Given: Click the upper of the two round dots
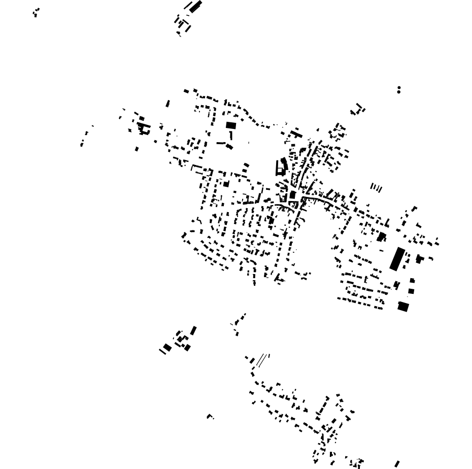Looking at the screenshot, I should (x=399, y=88).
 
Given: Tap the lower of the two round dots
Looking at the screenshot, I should (x=399, y=92).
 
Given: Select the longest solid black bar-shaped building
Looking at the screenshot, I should (x=397, y=258).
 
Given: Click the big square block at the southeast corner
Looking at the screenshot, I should (x=403, y=306).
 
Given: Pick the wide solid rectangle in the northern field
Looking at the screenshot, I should (x=231, y=125).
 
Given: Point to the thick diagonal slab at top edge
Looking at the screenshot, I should (x=196, y=6).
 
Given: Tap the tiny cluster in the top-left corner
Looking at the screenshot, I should (x=36, y=12).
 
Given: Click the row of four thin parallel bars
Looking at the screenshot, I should (x=376, y=188).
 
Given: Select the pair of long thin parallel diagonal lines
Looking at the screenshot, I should (x=261, y=360).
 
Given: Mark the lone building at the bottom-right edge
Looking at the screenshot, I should (x=397, y=464).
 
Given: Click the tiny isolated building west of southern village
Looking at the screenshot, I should (x=210, y=417).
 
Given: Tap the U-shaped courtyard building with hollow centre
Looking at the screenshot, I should (x=279, y=167).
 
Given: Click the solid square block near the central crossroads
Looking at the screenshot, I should (x=293, y=195).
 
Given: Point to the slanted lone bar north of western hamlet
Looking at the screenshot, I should (x=168, y=104).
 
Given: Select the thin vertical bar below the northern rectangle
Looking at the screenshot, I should (x=231, y=136).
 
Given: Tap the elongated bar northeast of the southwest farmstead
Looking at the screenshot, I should (x=193, y=330).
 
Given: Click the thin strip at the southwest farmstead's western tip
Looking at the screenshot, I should (x=162, y=351).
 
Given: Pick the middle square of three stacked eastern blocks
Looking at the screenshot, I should (x=412, y=291).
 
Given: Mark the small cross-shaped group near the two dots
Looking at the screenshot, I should (x=358, y=109).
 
